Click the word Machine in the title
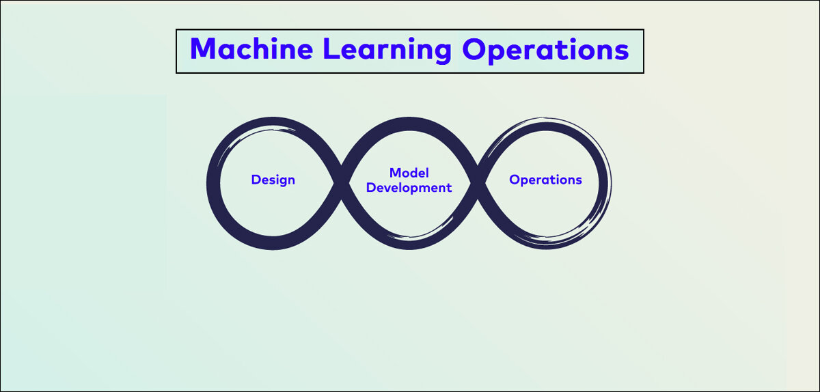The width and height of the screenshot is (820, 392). (251, 48)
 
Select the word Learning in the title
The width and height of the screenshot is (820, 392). (387, 51)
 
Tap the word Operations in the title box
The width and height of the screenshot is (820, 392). (545, 51)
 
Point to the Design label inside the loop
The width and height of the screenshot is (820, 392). (273, 180)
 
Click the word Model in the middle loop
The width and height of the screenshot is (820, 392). (409, 172)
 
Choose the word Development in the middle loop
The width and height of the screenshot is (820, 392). (409, 188)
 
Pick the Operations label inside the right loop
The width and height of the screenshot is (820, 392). (545, 180)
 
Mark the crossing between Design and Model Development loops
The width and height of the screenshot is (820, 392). (341, 182)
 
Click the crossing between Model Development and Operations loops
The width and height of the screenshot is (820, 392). (478, 182)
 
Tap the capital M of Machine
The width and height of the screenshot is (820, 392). (202, 48)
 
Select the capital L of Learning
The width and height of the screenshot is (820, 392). (331, 48)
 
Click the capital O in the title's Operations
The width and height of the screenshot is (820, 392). (474, 48)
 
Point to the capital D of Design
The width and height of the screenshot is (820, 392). (256, 180)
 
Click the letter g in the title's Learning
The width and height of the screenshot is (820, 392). (443, 53)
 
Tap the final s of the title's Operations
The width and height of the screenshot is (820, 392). (621, 51)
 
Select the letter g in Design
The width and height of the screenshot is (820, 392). (280, 182)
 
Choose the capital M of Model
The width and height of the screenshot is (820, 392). (396, 172)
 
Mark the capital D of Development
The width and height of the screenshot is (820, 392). (371, 187)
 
